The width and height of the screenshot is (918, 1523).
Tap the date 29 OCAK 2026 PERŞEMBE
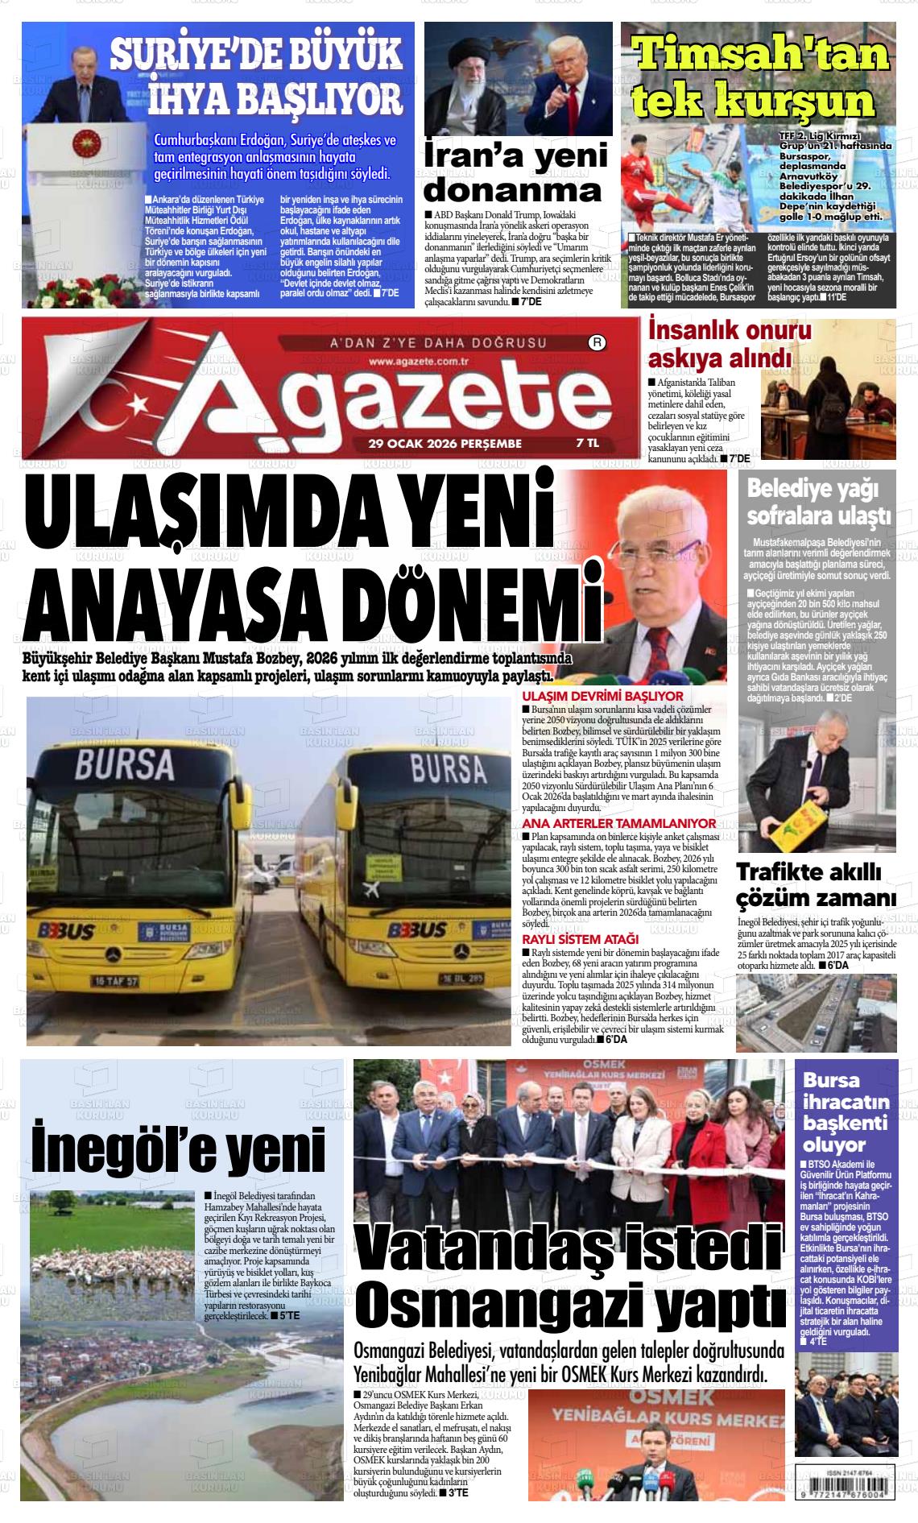point(445,443)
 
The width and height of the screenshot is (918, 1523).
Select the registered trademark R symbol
point(598,342)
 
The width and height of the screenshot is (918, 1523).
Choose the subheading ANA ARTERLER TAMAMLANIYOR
point(618,824)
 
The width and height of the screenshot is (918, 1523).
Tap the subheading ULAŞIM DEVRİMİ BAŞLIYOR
point(602,696)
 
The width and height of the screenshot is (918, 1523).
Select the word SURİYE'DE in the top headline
point(205,56)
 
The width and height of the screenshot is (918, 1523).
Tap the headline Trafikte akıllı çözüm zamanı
point(816,884)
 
